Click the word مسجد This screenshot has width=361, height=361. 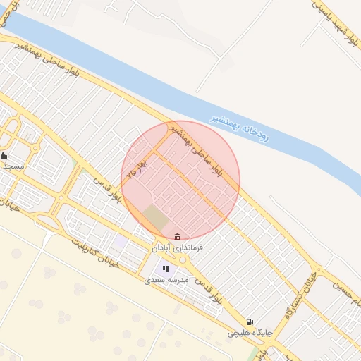click(x=13, y=166)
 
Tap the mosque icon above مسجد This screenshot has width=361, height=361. click(x=4, y=155)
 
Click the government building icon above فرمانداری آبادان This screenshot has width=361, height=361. click(x=176, y=236)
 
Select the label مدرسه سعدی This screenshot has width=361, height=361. click(x=164, y=280)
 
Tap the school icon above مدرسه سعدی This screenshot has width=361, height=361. click(x=166, y=269)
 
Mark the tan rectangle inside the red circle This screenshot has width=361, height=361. click(x=156, y=217)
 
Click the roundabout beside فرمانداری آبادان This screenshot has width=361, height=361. click(x=184, y=261)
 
